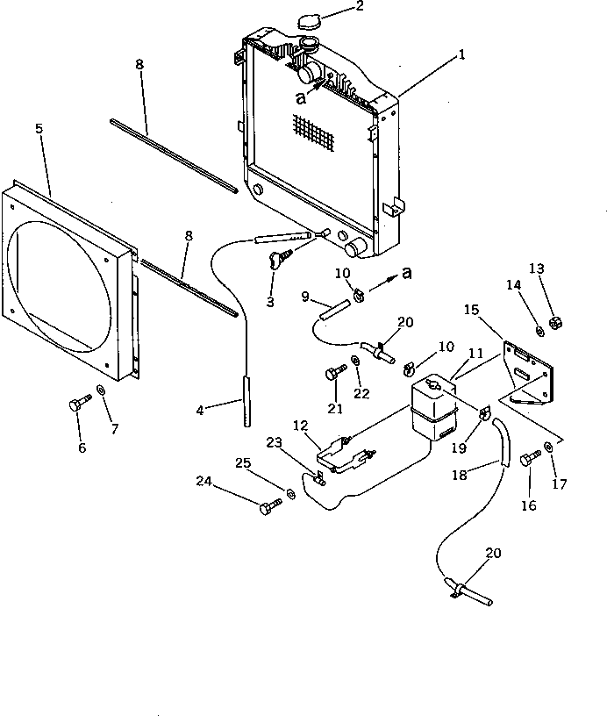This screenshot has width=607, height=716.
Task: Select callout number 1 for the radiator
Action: pos(461,54)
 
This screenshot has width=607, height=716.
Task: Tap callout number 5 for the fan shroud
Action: pos(39,128)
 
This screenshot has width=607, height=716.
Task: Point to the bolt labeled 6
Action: pos(77,406)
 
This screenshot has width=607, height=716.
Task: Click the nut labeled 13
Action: pos(555,324)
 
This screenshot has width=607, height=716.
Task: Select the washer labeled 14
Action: pos(539,330)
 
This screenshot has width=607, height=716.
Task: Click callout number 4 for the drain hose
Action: pos(201,410)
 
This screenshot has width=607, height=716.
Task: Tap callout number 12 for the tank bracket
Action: pos(300,425)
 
